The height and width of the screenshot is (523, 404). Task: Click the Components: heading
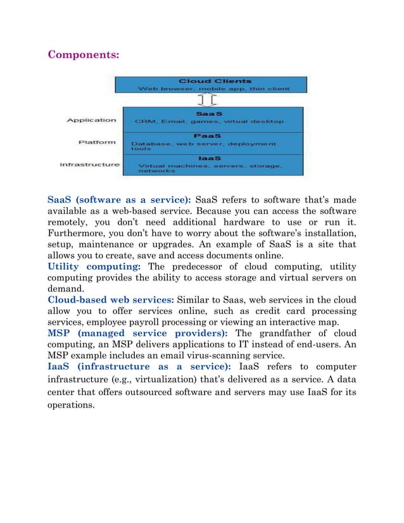(84, 54)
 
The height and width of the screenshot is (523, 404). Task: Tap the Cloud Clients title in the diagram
(206, 81)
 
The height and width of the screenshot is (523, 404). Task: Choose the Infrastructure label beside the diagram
(89, 165)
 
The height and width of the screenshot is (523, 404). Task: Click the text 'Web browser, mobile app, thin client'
(206, 89)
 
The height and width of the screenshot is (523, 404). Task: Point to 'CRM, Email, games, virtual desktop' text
(209, 120)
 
